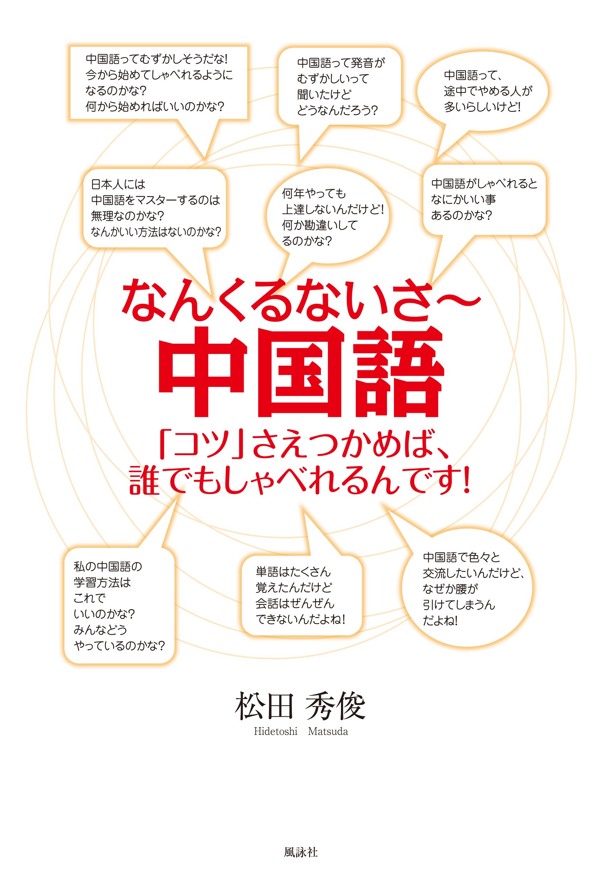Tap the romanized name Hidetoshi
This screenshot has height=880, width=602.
pyautogui.click(x=276, y=731)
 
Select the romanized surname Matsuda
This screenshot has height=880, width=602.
pyautogui.click(x=328, y=731)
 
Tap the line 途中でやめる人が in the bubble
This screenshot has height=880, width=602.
pyautogui.click(x=488, y=91)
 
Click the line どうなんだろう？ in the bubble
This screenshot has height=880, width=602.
pyautogui.click(x=337, y=111)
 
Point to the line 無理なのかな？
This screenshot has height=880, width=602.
pyautogui.click(x=127, y=216)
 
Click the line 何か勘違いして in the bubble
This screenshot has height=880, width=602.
pyautogui.click(x=320, y=225)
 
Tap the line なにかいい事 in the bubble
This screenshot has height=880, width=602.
pyautogui.click(x=463, y=199)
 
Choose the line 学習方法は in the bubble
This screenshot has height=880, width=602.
pyautogui.click(x=102, y=582)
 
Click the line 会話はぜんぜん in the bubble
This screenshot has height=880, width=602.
pyautogui.click(x=295, y=603)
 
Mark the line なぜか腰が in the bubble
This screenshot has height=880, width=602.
pyautogui.click(x=450, y=589)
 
